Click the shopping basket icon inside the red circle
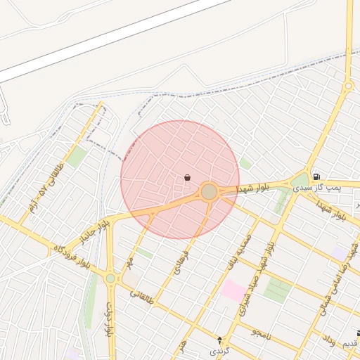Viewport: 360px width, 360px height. pyautogui.click(x=187, y=178)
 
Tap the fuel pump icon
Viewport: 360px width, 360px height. pyautogui.click(x=316, y=176)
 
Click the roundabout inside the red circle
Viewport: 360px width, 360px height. pyautogui.click(x=209, y=191)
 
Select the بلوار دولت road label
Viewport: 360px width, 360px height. pyautogui.click(x=110, y=321)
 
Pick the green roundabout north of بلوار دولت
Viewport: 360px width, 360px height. pyautogui.click(x=110, y=278)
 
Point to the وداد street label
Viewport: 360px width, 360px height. pyautogui.click(x=328, y=340)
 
